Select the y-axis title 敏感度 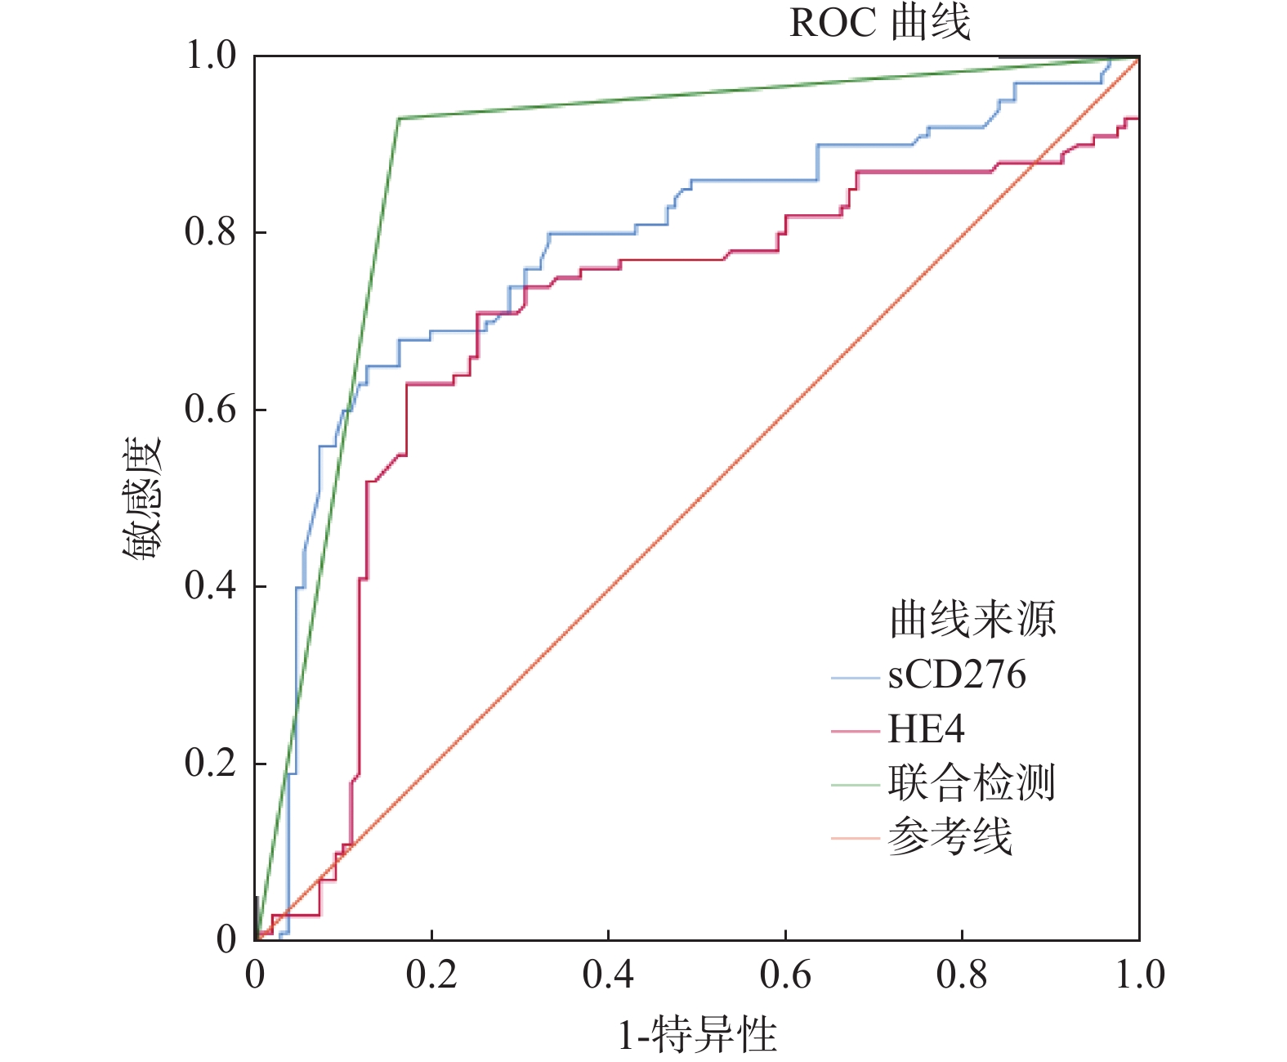(143, 499)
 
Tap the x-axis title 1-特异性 (697, 1035)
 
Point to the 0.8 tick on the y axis (210, 232)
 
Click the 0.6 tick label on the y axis (210, 409)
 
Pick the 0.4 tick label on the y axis (210, 585)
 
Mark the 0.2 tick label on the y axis (210, 763)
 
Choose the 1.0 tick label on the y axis (210, 56)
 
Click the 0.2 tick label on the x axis (431, 975)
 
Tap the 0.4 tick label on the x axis (608, 975)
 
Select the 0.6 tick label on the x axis (785, 975)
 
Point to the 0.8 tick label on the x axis (962, 975)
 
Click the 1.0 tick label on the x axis (1139, 975)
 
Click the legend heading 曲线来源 (972, 619)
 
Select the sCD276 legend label (957, 675)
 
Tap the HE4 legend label (926, 729)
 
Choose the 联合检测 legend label (972, 783)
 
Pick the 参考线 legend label (950, 837)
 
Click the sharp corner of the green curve (398, 119)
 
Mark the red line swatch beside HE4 (855, 729)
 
